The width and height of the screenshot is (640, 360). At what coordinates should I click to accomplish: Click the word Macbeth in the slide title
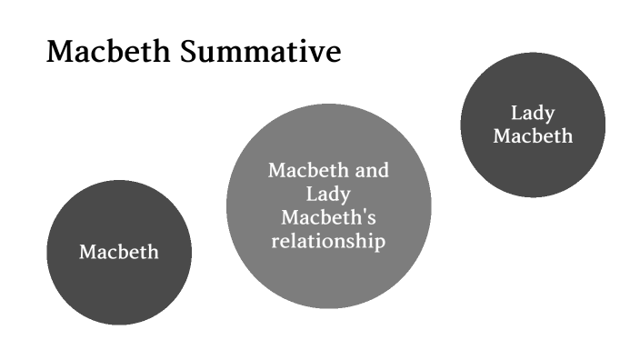tap(99, 52)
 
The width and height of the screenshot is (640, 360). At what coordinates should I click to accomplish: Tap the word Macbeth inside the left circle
tap(119, 252)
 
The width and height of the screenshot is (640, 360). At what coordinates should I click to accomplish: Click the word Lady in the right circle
tap(533, 114)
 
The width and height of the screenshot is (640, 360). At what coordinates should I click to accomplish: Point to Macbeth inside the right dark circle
tap(533, 136)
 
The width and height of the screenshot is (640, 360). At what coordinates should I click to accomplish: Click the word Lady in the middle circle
tap(328, 194)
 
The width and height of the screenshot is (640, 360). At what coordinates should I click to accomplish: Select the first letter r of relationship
tap(275, 242)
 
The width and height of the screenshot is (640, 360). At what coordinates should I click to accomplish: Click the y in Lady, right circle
tap(549, 116)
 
